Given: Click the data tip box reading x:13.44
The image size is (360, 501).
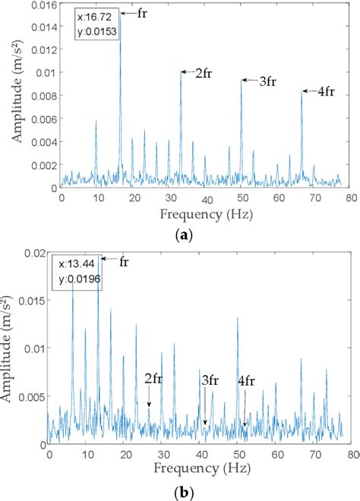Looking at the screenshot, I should (76, 272).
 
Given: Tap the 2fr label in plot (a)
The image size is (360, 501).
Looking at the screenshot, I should (203, 74).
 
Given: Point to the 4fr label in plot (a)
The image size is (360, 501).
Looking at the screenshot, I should (325, 91).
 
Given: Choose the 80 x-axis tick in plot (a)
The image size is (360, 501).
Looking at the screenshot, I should (349, 197).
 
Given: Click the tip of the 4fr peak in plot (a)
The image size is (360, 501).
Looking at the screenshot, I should (302, 91).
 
